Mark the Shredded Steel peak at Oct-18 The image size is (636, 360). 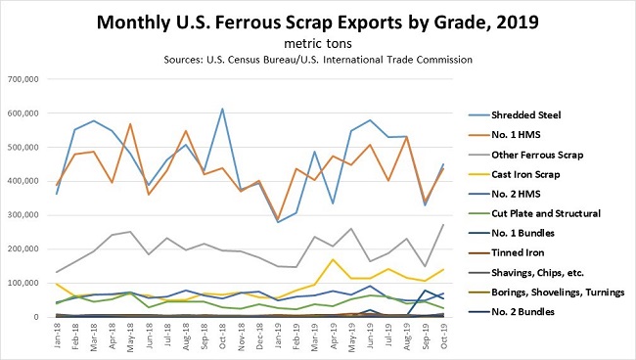tap(223, 109)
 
